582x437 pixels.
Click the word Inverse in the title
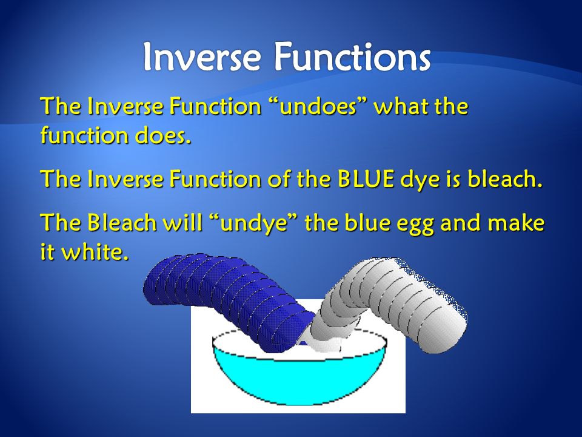tap(201, 56)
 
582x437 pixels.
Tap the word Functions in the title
tap(352, 56)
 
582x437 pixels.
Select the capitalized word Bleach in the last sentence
tap(122, 222)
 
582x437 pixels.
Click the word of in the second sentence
tap(280, 179)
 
